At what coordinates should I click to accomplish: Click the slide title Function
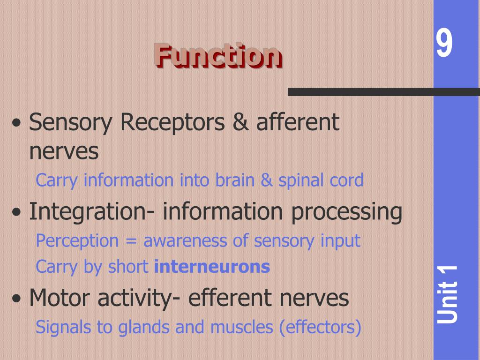(x=218, y=56)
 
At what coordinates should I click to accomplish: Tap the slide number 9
(x=444, y=44)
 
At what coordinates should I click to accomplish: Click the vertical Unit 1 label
(x=448, y=294)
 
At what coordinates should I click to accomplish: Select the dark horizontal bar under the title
(x=383, y=92)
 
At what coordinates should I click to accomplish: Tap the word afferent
(x=297, y=122)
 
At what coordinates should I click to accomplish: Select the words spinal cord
(x=321, y=181)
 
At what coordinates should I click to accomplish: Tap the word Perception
(x=77, y=241)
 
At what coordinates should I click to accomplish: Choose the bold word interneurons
(x=212, y=267)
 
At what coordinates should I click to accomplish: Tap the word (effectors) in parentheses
(x=320, y=328)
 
